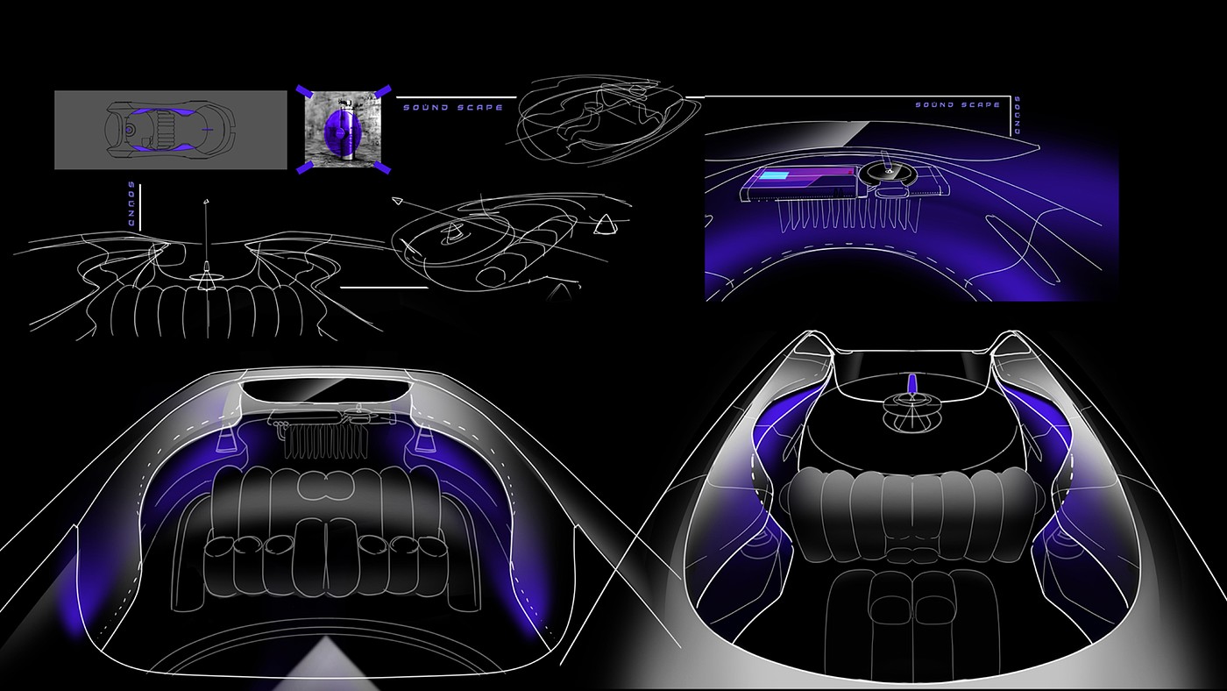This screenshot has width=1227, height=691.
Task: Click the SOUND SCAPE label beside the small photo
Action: pyautogui.click(x=452, y=108)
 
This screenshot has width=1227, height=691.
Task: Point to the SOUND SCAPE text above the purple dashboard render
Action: pyautogui.click(x=957, y=105)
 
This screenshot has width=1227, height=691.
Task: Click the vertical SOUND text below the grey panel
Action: pyautogui.click(x=131, y=206)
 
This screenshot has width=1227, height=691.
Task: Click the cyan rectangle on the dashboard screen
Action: pyautogui.click(x=774, y=176)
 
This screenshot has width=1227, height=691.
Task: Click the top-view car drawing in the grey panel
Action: pyautogui.click(x=170, y=130)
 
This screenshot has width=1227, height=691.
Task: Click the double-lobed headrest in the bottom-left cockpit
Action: pyautogui.click(x=324, y=483)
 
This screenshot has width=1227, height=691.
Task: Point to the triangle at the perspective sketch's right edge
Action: pyautogui.click(x=605, y=226)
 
